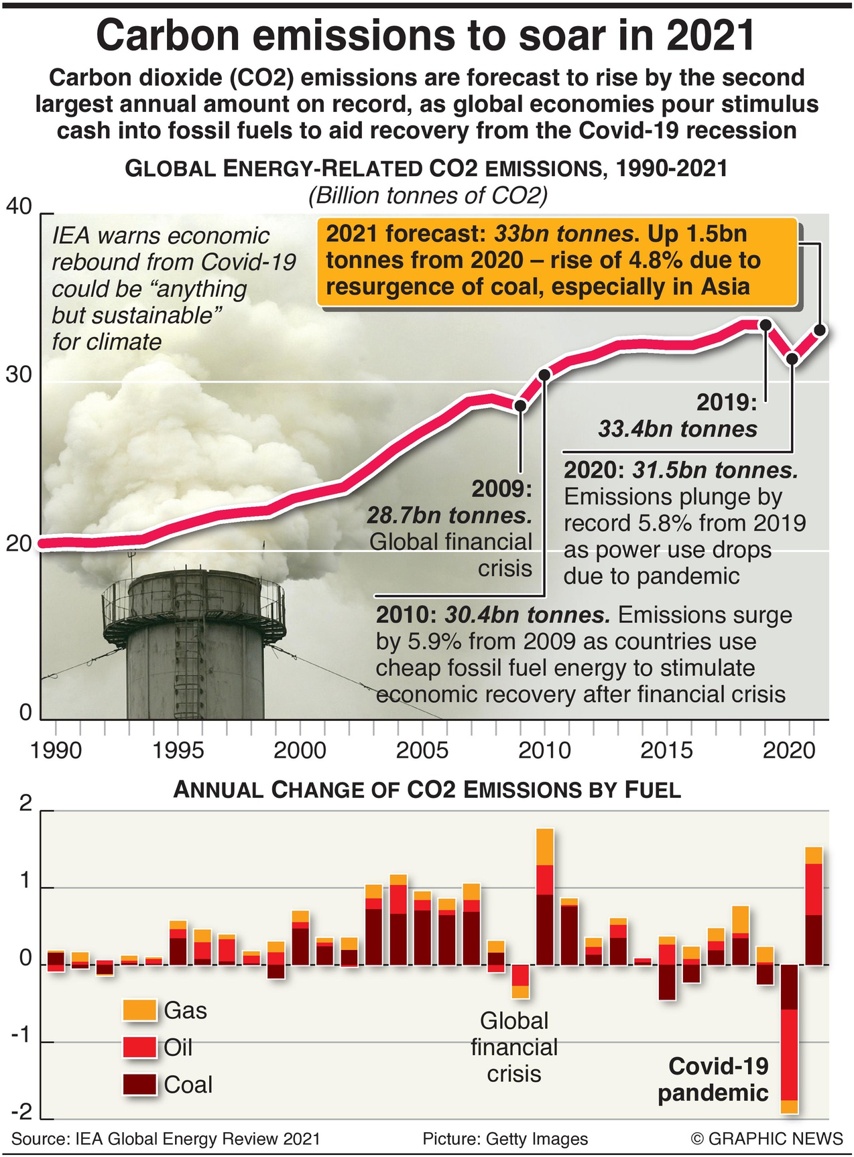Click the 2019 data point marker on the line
(765, 325)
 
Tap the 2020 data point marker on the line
(792, 359)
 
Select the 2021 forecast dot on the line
(819, 330)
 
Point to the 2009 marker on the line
(520, 405)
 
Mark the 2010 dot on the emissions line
(544, 375)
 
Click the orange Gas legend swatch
(139, 1010)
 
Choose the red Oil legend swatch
(139, 1047)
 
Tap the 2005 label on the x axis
(422, 750)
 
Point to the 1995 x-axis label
(178, 750)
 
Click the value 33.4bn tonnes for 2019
(678, 429)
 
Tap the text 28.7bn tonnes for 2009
(449, 515)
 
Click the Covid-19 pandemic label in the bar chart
(714, 1079)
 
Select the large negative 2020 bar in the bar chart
(790, 1038)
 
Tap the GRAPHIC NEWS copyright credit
(767, 1139)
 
